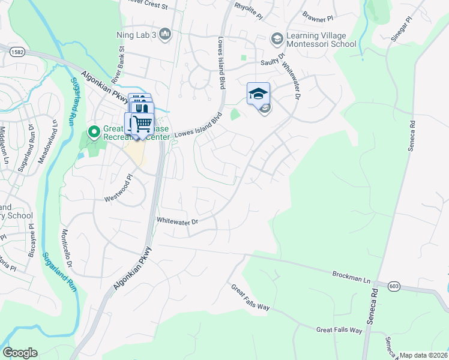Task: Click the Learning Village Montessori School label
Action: click(321, 40)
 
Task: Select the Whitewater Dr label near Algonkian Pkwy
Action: click(177, 221)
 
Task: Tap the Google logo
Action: click(20, 353)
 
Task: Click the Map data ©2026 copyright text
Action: click(423, 355)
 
